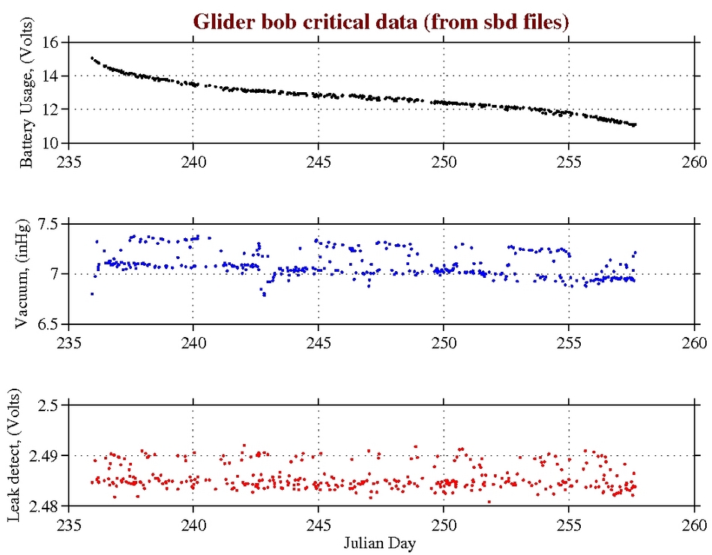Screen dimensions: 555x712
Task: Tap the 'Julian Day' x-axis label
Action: click(x=381, y=541)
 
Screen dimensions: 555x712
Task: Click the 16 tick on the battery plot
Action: click(x=50, y=42)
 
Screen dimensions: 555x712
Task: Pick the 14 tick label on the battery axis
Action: click(x=50, y=76)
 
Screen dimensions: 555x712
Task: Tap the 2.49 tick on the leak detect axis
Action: click(x=43, y=455)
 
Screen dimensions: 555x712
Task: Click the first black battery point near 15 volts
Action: click(x=91, y=58)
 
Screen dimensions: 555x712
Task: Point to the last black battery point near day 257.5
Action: click(x=635, y=124)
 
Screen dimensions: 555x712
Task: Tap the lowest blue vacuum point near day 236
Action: click(x=91, y=294)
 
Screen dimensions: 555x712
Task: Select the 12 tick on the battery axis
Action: click(x=50, y=109)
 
